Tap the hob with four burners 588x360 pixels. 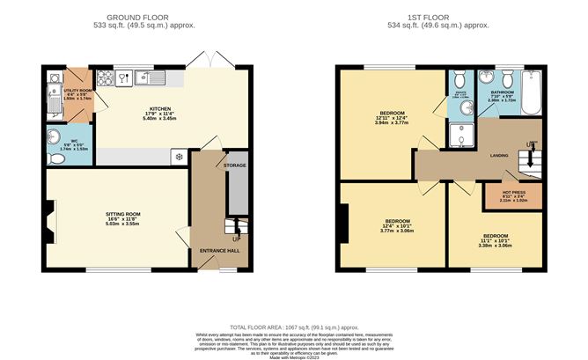(x=107, y=77)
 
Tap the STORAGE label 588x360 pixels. (x=235, y=165)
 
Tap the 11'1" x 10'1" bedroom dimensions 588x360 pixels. (x=494, y=241)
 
